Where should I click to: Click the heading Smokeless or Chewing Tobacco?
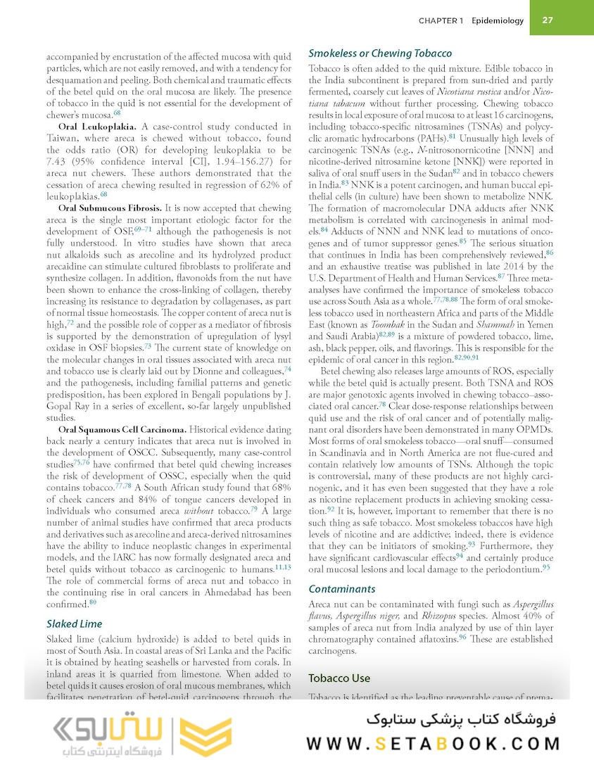coord(380,53)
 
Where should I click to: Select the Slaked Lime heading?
coord(74,623)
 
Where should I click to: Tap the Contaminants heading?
coord(342,589)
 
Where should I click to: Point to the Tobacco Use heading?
coord(339,678)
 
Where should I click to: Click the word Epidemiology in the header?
coord(498,20)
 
